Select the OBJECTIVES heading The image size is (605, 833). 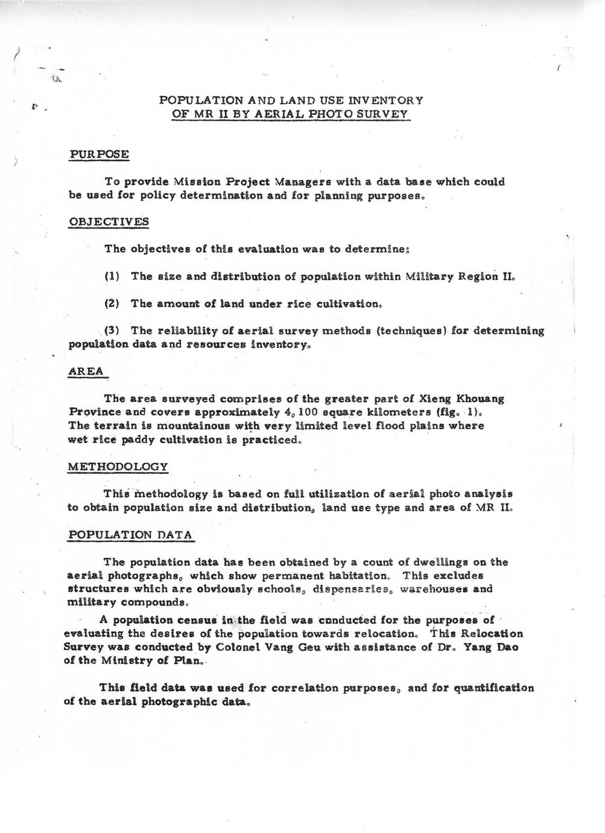pyautogui.click(x=108, y=221)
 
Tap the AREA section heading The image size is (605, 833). pyautogui.click(x=86, y=371)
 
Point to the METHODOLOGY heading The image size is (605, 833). pyautogui.click(x=118, y=467)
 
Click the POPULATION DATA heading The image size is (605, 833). pyautogui.click(x=130, y=534)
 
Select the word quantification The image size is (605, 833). pyautogui.click(x=493, y=688)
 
